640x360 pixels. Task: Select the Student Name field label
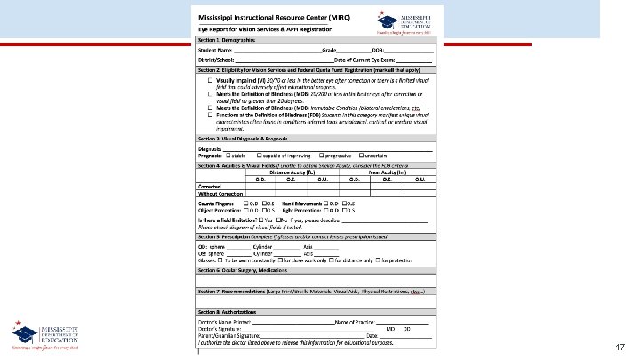coord(214,51)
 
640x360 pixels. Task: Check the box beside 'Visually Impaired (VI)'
coord(211,80)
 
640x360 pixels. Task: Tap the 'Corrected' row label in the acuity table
coord(210,185)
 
